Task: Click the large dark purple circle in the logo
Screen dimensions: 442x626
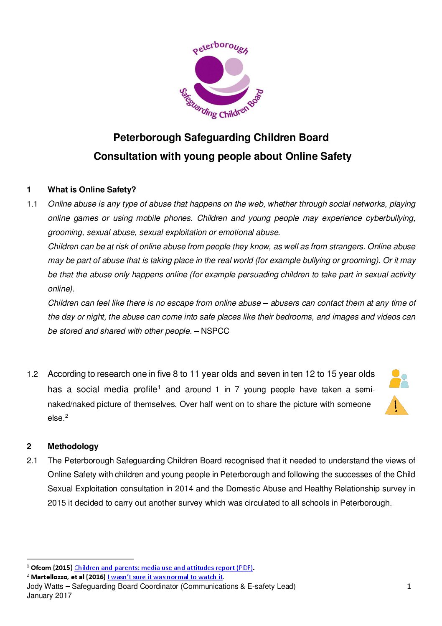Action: tap(209, 70)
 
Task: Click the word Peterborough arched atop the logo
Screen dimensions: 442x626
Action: tap(220, 47)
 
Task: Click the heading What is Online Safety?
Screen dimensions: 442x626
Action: tap(92, 190)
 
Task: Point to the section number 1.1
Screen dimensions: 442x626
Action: tap(32, 204)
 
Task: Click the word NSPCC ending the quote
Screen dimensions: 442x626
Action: tap(215, 331)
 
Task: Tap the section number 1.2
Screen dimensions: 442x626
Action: tap(32, 374)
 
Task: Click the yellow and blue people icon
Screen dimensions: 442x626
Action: tap(398, 379)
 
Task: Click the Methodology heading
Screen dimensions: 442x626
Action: tap(73, 447)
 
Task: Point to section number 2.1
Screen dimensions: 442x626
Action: tap(32, 461)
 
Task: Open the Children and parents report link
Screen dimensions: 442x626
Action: tap(163, 568)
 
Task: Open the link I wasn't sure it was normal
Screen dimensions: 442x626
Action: tap(165, 577)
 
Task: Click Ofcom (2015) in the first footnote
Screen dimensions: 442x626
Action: tap(52, 568)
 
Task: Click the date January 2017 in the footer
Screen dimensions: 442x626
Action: tap(49, 596)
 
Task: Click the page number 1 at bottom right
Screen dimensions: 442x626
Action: tap(409, 587)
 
